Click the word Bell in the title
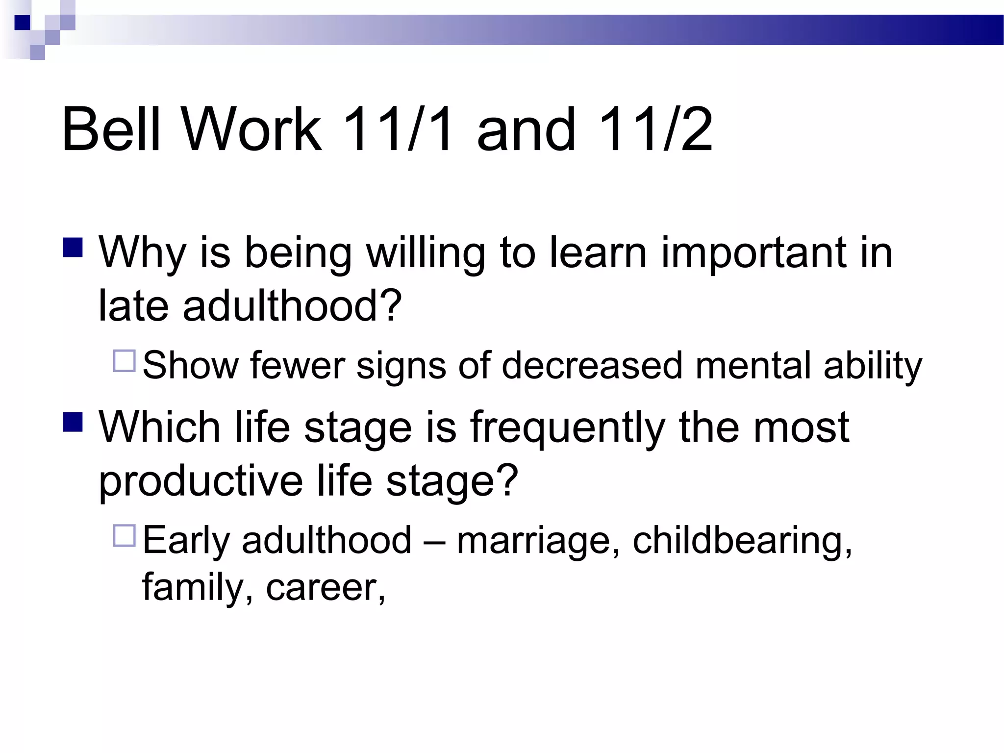(111, 129)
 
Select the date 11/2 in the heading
(655, 129)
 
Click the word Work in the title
(252, 129)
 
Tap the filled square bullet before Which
(73, 422)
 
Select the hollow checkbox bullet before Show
(124, 361)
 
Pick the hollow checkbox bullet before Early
(124, 535)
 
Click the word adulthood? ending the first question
(292, 306)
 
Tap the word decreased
(592, 366)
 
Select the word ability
(873, 366)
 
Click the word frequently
(568, 427)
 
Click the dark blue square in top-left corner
(22, 23)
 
